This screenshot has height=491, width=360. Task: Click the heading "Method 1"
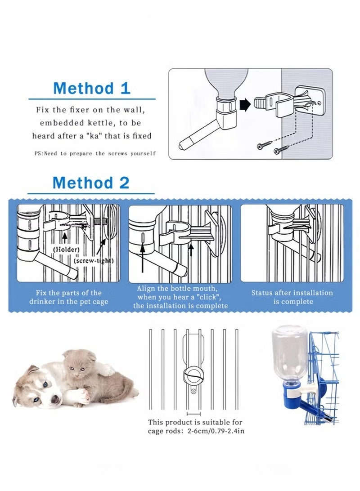point(92,88)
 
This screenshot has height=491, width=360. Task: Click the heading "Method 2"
point(91,183)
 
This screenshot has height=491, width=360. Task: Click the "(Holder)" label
point(66,249)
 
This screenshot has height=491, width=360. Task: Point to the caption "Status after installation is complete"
point(292,297)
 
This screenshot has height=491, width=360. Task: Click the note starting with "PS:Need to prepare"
point(95,153)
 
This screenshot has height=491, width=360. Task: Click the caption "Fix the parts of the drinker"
point(68,297)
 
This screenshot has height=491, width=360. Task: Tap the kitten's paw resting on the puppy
point(107,370)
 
